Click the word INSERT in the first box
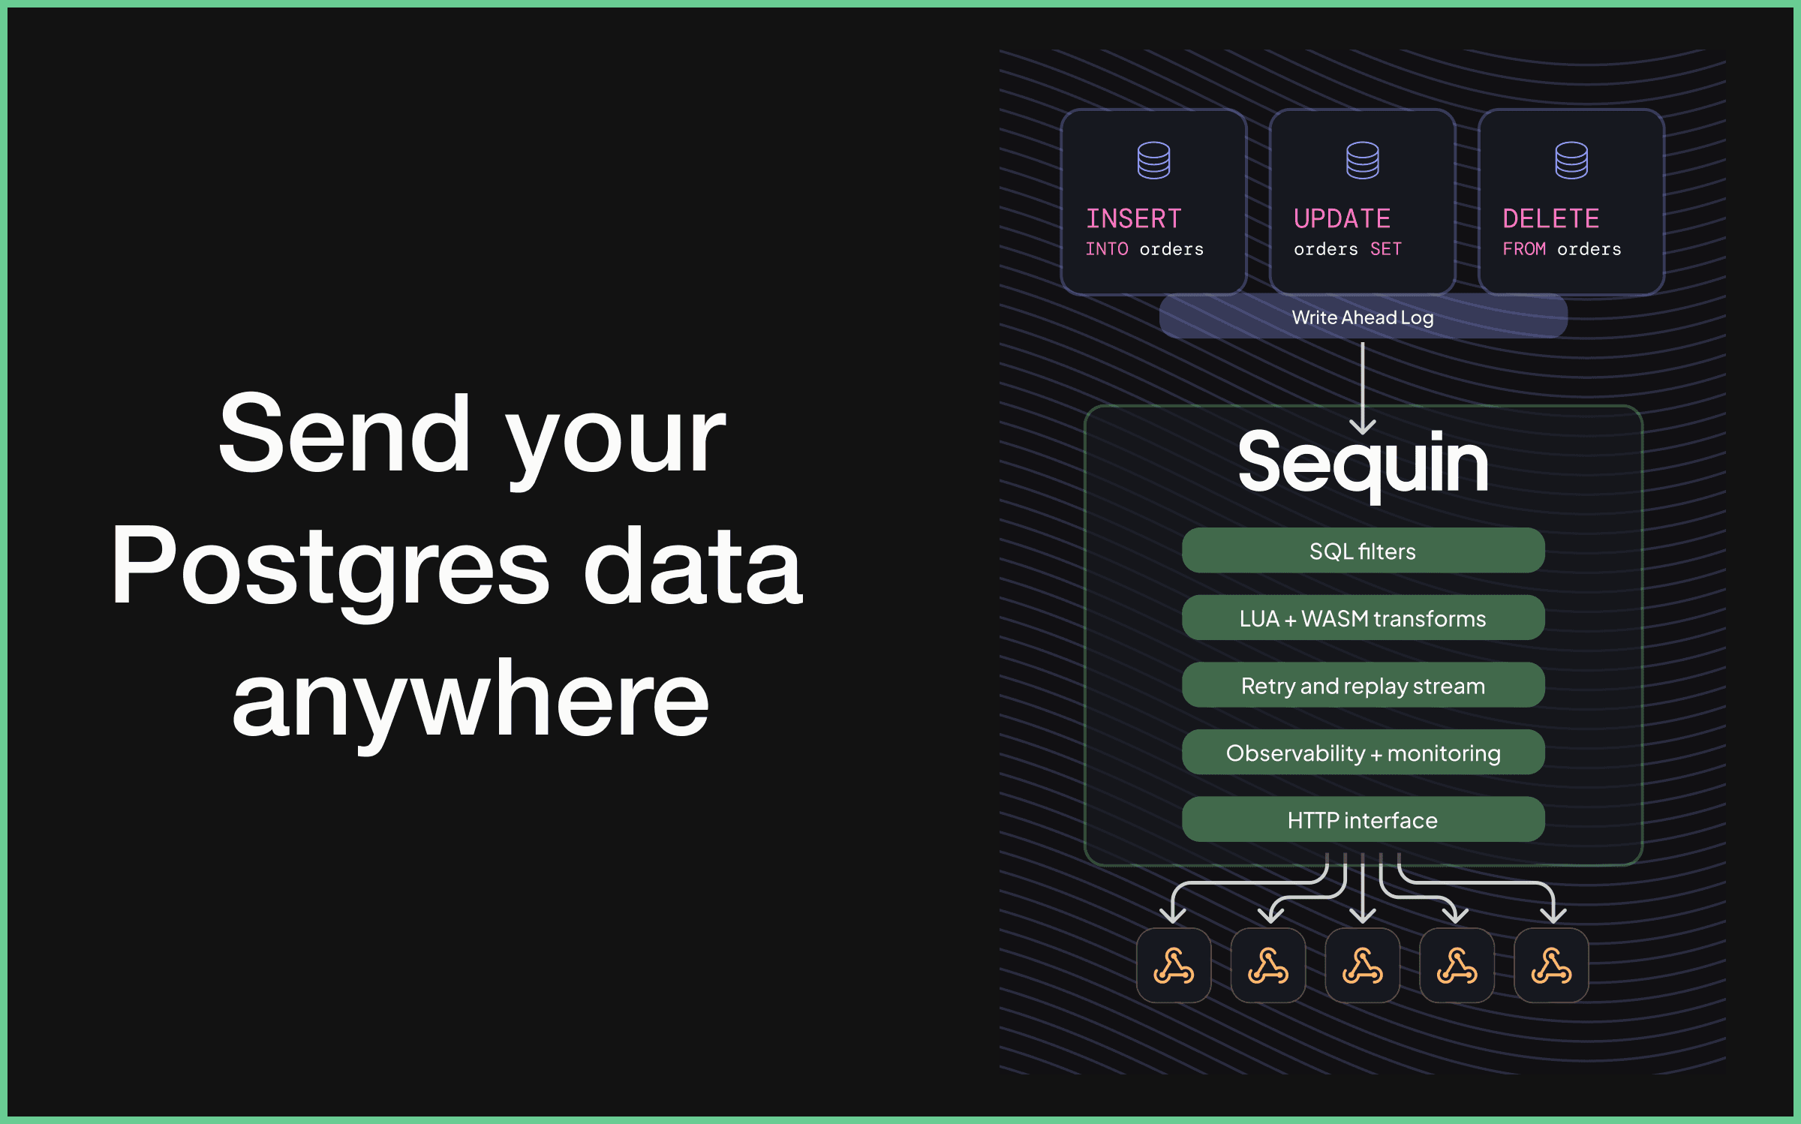click(1134, 218)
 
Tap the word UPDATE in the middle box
click(1342, 218)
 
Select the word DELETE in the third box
click(1550, 218)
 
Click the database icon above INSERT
click(1153, 160)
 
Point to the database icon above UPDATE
click(1362, 160)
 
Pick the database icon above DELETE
click(1571, 160)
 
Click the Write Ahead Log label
click(1363, 317)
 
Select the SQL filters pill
click(1363, 551)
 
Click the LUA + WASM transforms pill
click(1363, 618)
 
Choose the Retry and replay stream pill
click(1363, 685)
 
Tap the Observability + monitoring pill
click(1363, 753)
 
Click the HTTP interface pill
click(1363, 819)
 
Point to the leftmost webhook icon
click(1174, 966)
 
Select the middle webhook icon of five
click(1363, 966)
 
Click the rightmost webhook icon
click(1551, 966)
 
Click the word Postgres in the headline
click(330, 567)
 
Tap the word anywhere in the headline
click(471, 699)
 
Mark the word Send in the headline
click(344, 434)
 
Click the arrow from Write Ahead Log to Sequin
click(1363, 389)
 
